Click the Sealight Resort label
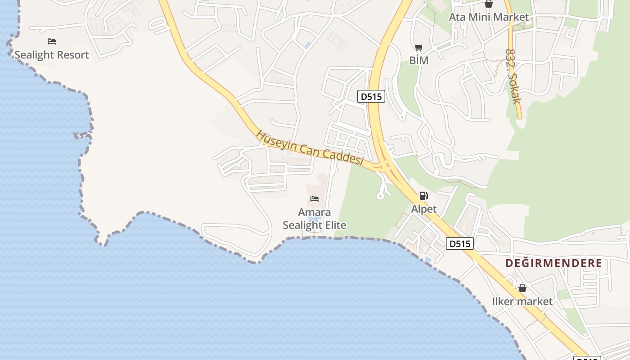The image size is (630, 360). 52,55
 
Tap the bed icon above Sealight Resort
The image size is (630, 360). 52,41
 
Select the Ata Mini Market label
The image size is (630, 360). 489,17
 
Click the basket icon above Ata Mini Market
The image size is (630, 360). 489,4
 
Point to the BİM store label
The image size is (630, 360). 418,60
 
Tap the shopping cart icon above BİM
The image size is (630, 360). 418,47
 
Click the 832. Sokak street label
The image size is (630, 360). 513,76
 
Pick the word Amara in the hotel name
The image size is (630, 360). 315,212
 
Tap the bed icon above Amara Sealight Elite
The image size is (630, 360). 315,198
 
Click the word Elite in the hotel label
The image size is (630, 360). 333,225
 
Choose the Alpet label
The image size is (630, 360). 424,209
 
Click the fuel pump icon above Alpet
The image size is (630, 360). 423,196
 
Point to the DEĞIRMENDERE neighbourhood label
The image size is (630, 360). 553,263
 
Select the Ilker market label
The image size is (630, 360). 522,301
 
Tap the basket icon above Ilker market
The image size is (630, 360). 522,288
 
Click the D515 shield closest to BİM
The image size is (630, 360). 371,96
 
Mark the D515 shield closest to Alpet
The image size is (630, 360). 460,243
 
